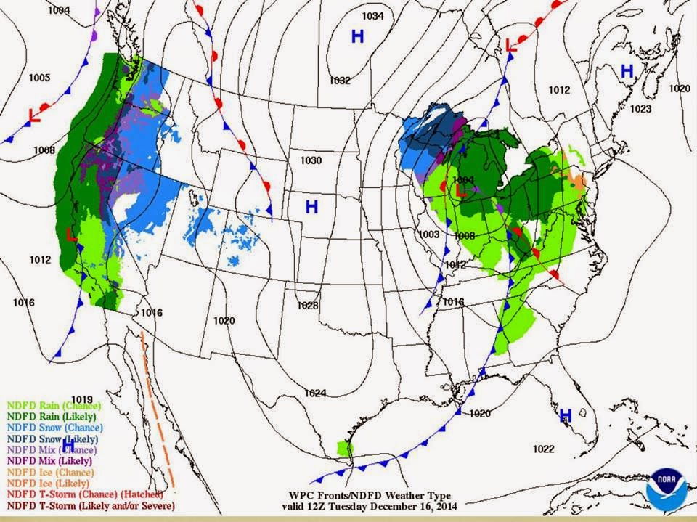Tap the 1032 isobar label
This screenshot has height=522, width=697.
(340, 81)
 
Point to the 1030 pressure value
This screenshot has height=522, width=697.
(310, 160)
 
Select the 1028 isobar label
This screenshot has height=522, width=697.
(308, 306)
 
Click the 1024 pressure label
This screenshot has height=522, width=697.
(315, 393)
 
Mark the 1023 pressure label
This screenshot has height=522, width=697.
(640, 109)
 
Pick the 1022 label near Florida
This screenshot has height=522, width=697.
(542, 448)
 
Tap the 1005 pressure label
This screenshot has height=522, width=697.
(39, 78)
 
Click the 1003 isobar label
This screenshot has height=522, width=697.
(428, 234)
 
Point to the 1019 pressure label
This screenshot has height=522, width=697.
(82, 399)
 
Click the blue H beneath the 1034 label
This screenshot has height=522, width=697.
(357, 36)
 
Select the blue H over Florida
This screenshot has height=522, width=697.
(565, 415)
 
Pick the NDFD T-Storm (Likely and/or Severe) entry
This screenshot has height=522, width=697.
(91, 505)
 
